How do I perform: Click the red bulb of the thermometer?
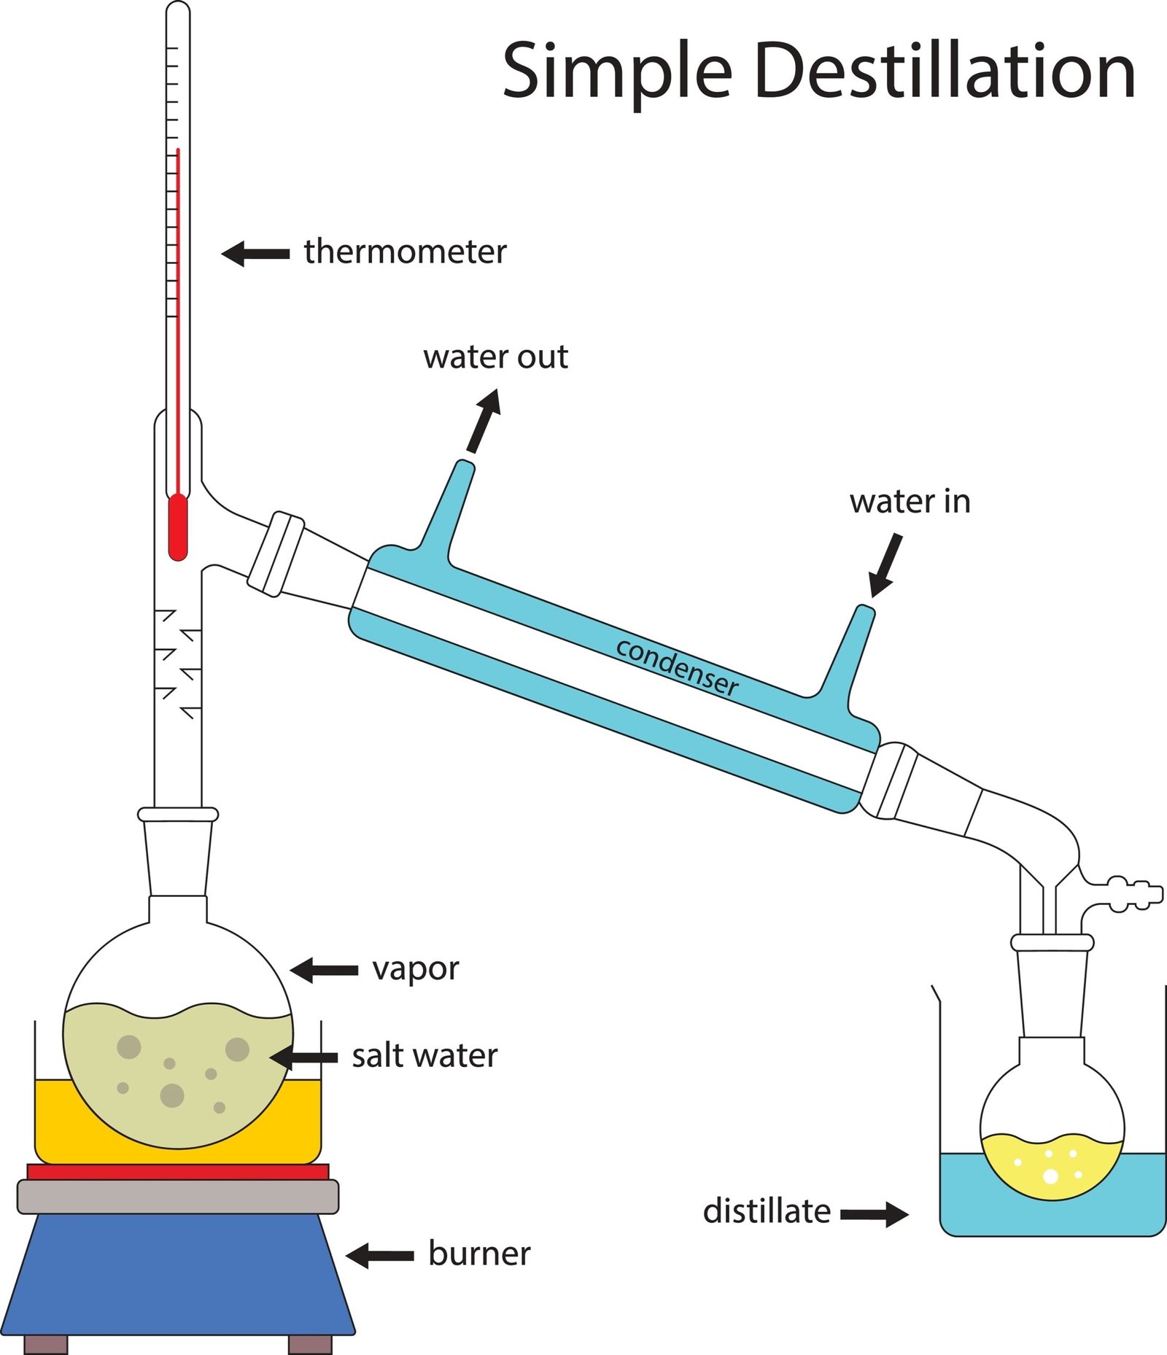click(x=178, y=527)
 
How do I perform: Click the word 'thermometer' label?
click(x=405, y=252)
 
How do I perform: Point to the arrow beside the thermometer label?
click(x=255, y=254)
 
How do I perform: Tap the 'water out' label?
click(x=495, y=357)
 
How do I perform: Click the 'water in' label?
click(x=910, y=502)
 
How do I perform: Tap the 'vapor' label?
click(x=415, y=969)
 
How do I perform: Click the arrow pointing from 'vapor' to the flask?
click(x=325, y=970)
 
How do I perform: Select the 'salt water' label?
click(x=424, y=1056)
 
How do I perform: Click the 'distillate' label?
click(x=767, y=1211)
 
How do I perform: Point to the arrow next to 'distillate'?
click(x=875, y=1214)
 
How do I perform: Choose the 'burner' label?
click(x=479, y=1254)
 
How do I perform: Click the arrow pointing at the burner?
click(x=380, y=1256)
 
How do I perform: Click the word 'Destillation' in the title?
click(x=944, y=71)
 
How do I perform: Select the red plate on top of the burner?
click(x=178, y=1171)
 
